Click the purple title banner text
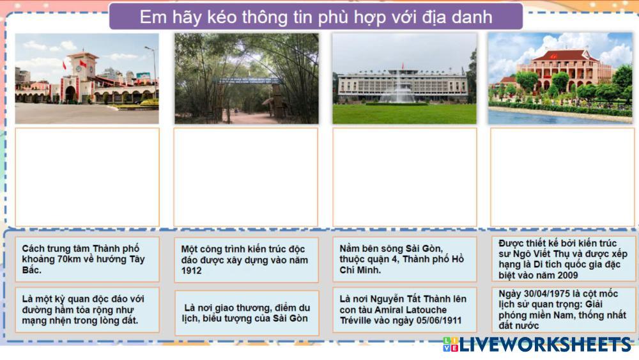(x=316, y=17)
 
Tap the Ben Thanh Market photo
(x=87, y=78)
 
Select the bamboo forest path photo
(x=247, y=78)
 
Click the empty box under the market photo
(x=87, y=177)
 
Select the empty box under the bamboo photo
(x=246, y=177)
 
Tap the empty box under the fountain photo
(x=404, y=177)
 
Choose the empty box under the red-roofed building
(x=562, y=177)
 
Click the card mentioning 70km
(x=87, y=260)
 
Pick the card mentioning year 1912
(x=247, y=260)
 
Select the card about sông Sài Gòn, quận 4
(x=404, y=260)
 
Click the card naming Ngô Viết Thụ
(x=563, y=259)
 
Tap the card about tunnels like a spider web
(x=87, y=310)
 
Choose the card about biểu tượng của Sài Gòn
(x=247, y=313)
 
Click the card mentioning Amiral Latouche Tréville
(x=404, y=310)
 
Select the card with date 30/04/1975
(x=563, y=310)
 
